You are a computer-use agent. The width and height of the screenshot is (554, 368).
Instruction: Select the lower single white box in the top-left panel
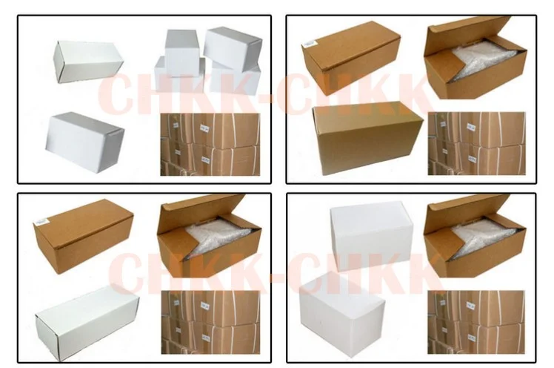tap(84, 140)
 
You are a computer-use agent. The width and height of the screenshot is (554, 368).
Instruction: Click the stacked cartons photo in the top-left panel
tap(211, 143)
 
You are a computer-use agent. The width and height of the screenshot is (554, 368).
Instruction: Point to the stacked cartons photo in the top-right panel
tap(478, 143)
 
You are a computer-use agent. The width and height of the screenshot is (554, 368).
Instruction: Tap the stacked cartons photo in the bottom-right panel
tap(478, 321)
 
